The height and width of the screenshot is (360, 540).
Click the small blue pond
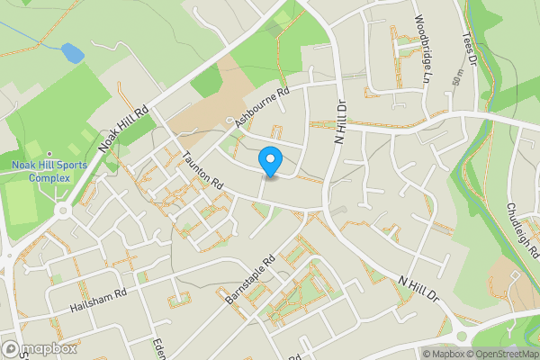pyautogui.click(x=71, y=54)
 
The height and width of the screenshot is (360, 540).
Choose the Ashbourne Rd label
pyautogui.click(x=261, y=106)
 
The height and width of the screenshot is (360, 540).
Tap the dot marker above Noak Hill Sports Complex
pyautogui.click(x=49, y=153)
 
